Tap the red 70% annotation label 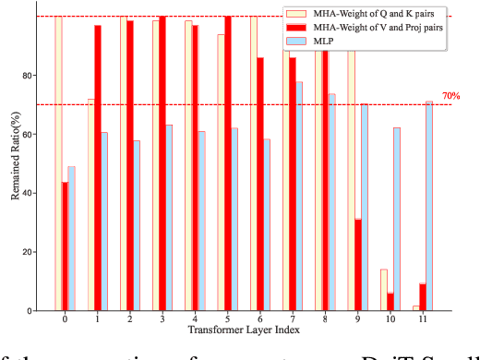point(450,95)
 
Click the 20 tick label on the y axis point(28,252)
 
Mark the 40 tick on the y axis point(28,193)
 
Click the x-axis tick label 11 point(423,319)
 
